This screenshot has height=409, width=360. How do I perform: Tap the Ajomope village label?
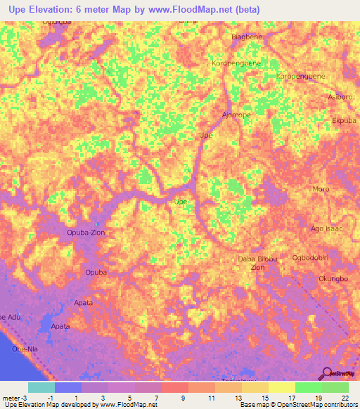pyautogui.click(x=236, y=115)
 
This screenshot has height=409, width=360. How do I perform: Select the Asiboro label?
pyautogui.click(x=340, y=97)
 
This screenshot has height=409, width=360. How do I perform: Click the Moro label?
pyautogui.click(x=321, y=189)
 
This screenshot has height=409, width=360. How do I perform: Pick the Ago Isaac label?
pyautogui.click(x=327, y=228)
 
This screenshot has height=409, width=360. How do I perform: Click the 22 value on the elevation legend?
pyautogui.click(x=346, y=398)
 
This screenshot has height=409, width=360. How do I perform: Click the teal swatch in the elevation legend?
pyautogui.click(x=41, y=387)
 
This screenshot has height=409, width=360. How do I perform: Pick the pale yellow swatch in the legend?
pyautogui.click(x=282, y=387)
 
